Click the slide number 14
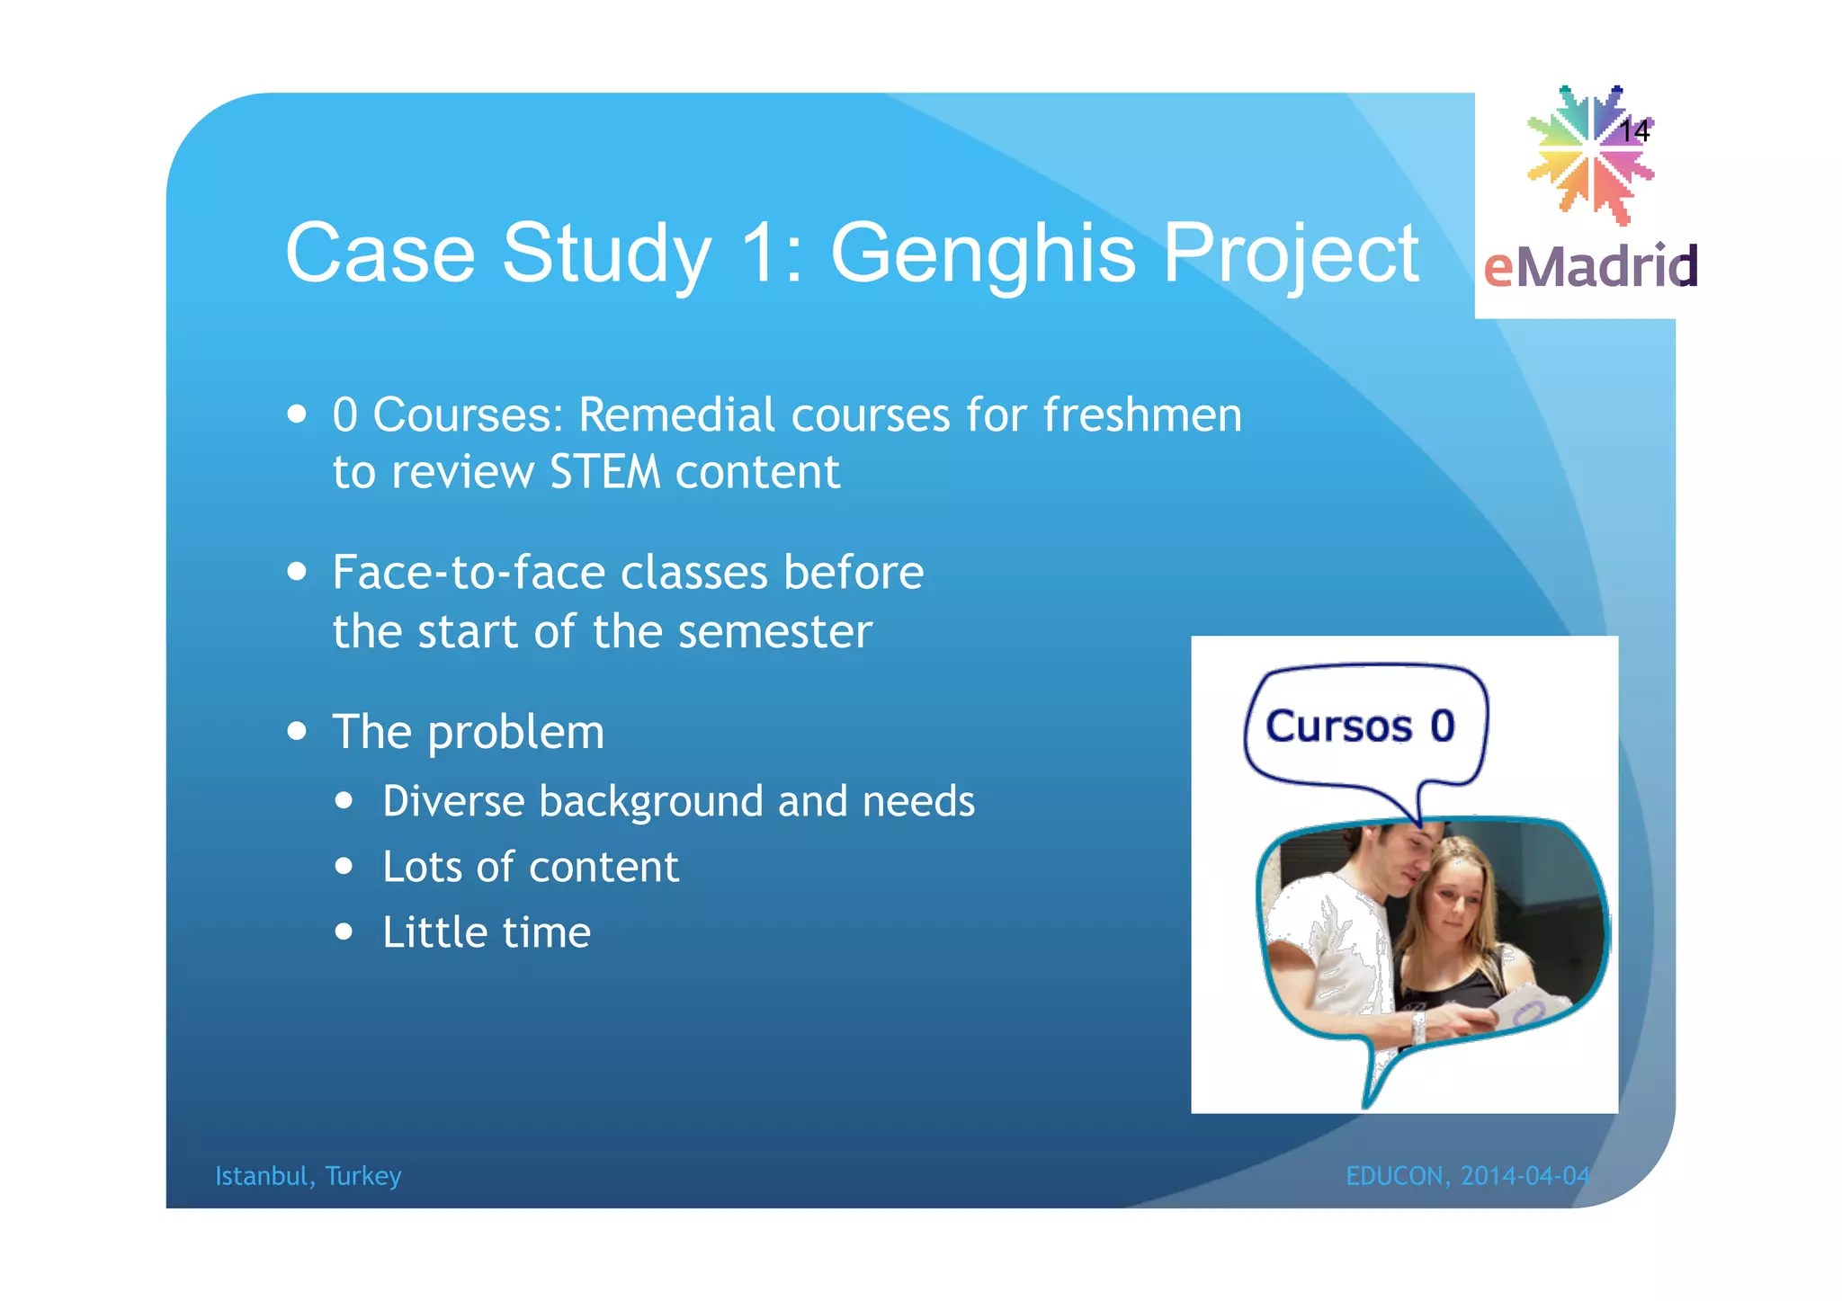[1633, 132]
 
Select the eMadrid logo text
[1590, 267]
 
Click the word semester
[774, 632]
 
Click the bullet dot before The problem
[298, 731]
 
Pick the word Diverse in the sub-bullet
[453, 801]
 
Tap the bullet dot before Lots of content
[344, 867]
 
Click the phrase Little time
[487, 932]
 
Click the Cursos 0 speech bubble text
[1360, 726]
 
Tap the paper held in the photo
[1529, 1007]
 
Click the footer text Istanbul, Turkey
[308, 1176]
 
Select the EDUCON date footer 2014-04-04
[1525, 1176]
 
